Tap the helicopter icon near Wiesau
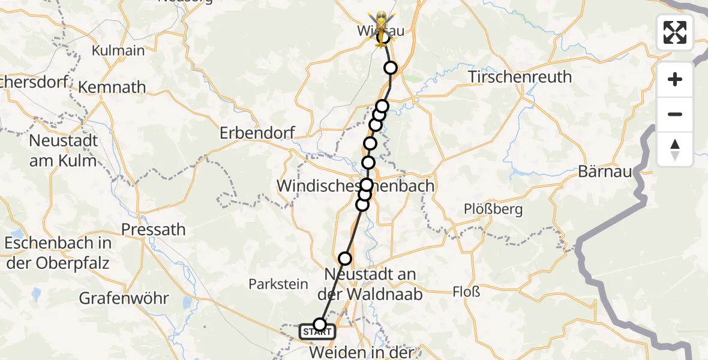pos(380,24)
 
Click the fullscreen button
pos(675,32)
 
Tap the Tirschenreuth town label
pos(520,77)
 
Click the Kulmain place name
pos(118,50)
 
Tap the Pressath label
pos(154,229)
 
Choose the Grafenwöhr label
pos(124,298)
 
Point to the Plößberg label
pos(493,209)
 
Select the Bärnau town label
pos(605,172)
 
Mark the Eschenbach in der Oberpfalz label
pos(58,251)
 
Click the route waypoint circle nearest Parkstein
pos(345,259)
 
